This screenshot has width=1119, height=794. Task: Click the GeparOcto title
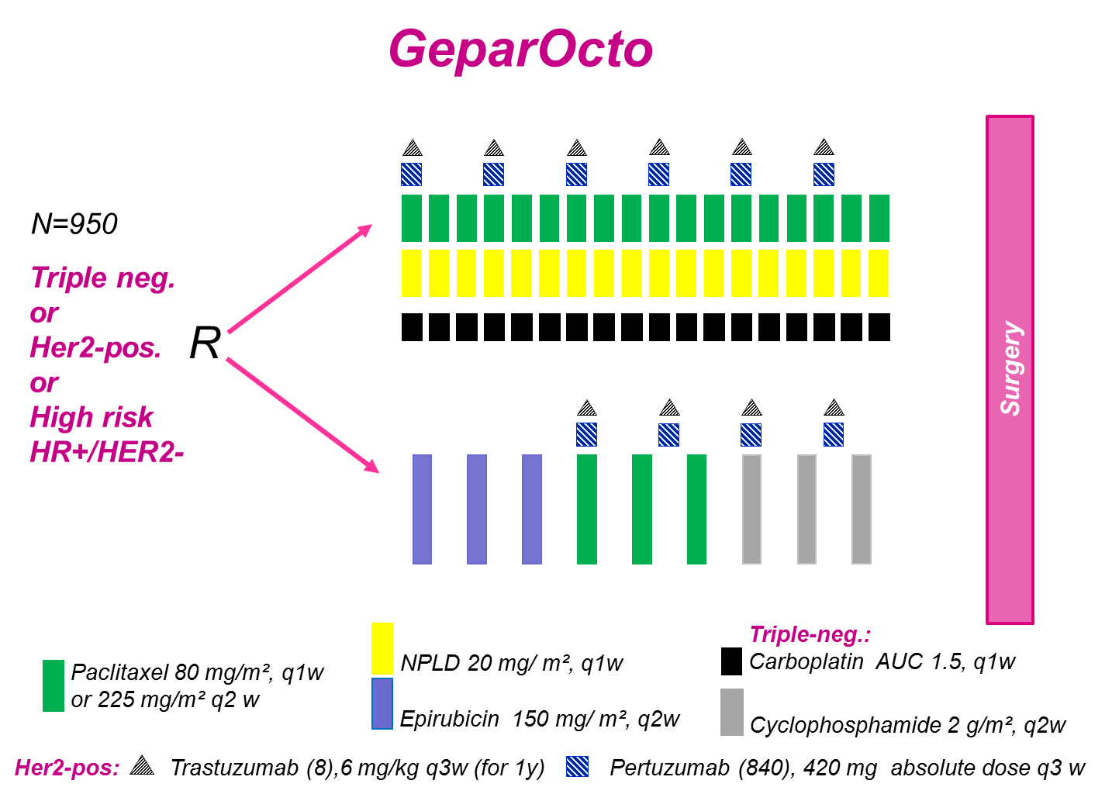coord(520,50)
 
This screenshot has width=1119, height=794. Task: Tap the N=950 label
coord(74,224)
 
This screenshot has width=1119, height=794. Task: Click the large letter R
coord(205,343)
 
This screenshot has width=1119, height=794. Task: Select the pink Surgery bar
coord(1010,369)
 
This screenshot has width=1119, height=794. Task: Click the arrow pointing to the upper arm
coord(299,279)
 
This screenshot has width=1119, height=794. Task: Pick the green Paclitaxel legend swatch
coord(54,685)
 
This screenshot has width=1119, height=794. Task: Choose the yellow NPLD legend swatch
coord(382,648)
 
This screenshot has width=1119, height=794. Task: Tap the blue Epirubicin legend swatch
coord(382,704)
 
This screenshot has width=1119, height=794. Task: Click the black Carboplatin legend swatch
coord(731,661)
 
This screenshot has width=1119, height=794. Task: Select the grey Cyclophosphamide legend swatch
coord(731,712)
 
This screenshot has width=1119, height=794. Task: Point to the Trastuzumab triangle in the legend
coord(142,766)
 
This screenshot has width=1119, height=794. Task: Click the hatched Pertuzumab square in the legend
coord(577,767)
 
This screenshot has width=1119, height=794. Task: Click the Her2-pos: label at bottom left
coord(67,768)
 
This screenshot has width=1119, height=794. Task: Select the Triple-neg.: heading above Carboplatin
coord(810,635)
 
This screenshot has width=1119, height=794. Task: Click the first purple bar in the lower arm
coord(422,509)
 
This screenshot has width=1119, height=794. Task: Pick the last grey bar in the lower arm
coord(862,509)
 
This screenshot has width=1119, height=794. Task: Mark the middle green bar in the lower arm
coord(642,509)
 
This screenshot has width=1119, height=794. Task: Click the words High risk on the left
coord(92,418)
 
